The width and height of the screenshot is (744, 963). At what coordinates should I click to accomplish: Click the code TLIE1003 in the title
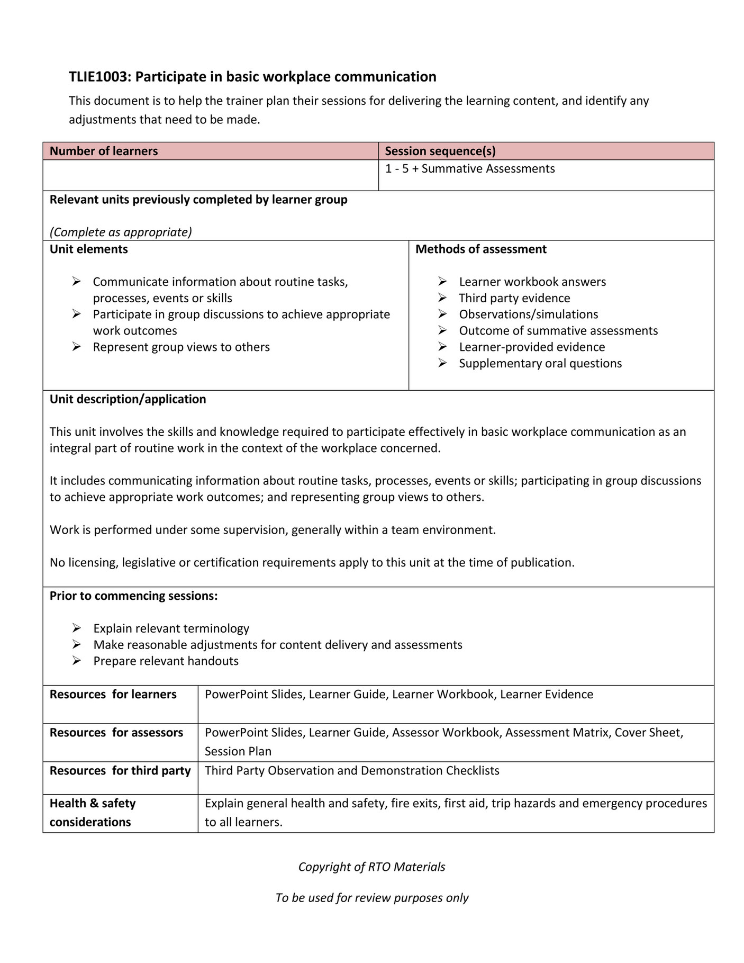coord(98,77)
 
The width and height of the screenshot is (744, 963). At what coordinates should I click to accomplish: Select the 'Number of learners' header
coord(104,151)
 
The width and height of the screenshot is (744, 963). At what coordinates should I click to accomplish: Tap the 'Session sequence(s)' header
coord(440,151)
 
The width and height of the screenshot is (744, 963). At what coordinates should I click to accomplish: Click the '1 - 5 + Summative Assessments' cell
coord(469,169)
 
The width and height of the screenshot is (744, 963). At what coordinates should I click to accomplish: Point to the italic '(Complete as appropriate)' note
coord(121,232)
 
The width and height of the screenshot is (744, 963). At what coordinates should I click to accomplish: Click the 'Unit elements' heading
coord(88,249)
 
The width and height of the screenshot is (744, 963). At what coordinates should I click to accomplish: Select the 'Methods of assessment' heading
coord(480,249)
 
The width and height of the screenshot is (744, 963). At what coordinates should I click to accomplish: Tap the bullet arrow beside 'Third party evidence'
coord(442,298)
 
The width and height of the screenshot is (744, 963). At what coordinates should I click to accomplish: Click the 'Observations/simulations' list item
coord(528,314)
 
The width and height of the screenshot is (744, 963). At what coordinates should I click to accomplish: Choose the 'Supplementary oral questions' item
coord(540,364)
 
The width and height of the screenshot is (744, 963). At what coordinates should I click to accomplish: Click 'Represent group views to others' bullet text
coord(181,347)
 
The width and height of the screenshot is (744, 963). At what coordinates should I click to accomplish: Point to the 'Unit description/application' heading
coord(128,399)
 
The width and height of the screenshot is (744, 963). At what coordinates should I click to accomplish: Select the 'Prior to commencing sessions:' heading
coord(133,596)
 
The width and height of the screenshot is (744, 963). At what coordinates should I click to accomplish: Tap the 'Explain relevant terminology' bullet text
coord(171,628)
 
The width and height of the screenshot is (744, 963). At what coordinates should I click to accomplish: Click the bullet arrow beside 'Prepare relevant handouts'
coord(77,661)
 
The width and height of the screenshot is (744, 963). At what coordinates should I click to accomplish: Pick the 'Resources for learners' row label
coord(113,695)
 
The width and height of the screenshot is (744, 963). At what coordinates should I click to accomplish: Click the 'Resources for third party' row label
coord(120,771)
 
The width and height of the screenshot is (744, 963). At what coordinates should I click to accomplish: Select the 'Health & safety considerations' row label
coord(92,813)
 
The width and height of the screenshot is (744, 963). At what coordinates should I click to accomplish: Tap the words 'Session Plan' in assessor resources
coord(238,751)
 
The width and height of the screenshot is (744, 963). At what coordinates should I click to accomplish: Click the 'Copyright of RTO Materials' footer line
coord(371,867)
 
